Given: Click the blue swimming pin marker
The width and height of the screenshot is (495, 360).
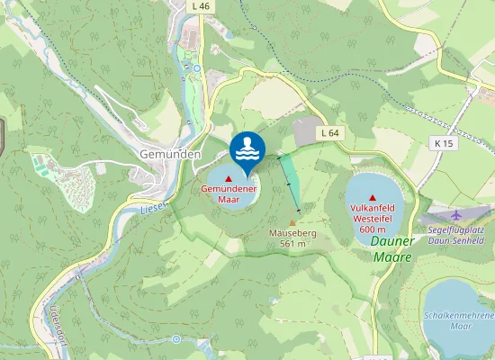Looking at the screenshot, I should tap(247, 149).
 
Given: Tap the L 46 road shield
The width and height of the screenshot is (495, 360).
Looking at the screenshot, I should tap(202, 6).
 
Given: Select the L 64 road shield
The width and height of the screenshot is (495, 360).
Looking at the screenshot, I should tap(330, 132).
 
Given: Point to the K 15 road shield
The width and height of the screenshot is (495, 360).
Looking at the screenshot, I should tap(442, 143).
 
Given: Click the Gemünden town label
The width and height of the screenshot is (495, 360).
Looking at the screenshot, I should tap(170, 154).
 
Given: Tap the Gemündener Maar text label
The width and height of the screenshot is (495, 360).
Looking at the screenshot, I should tap(229, 194).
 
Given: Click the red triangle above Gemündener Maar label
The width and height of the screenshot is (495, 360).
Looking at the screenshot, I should tap(229, 179).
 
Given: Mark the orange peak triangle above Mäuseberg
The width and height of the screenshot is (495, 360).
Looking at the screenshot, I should tap(292, 222).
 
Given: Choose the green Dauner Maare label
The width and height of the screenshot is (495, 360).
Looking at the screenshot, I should tap(391, 248).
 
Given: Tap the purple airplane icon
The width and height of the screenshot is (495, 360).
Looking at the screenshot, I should tap(456, 214).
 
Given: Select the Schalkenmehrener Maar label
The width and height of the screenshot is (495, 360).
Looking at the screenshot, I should tap(459, 321).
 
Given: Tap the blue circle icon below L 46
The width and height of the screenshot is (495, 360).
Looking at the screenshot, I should tap(197, 67).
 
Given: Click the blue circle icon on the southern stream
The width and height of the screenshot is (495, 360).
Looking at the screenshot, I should tap(176, 339).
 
